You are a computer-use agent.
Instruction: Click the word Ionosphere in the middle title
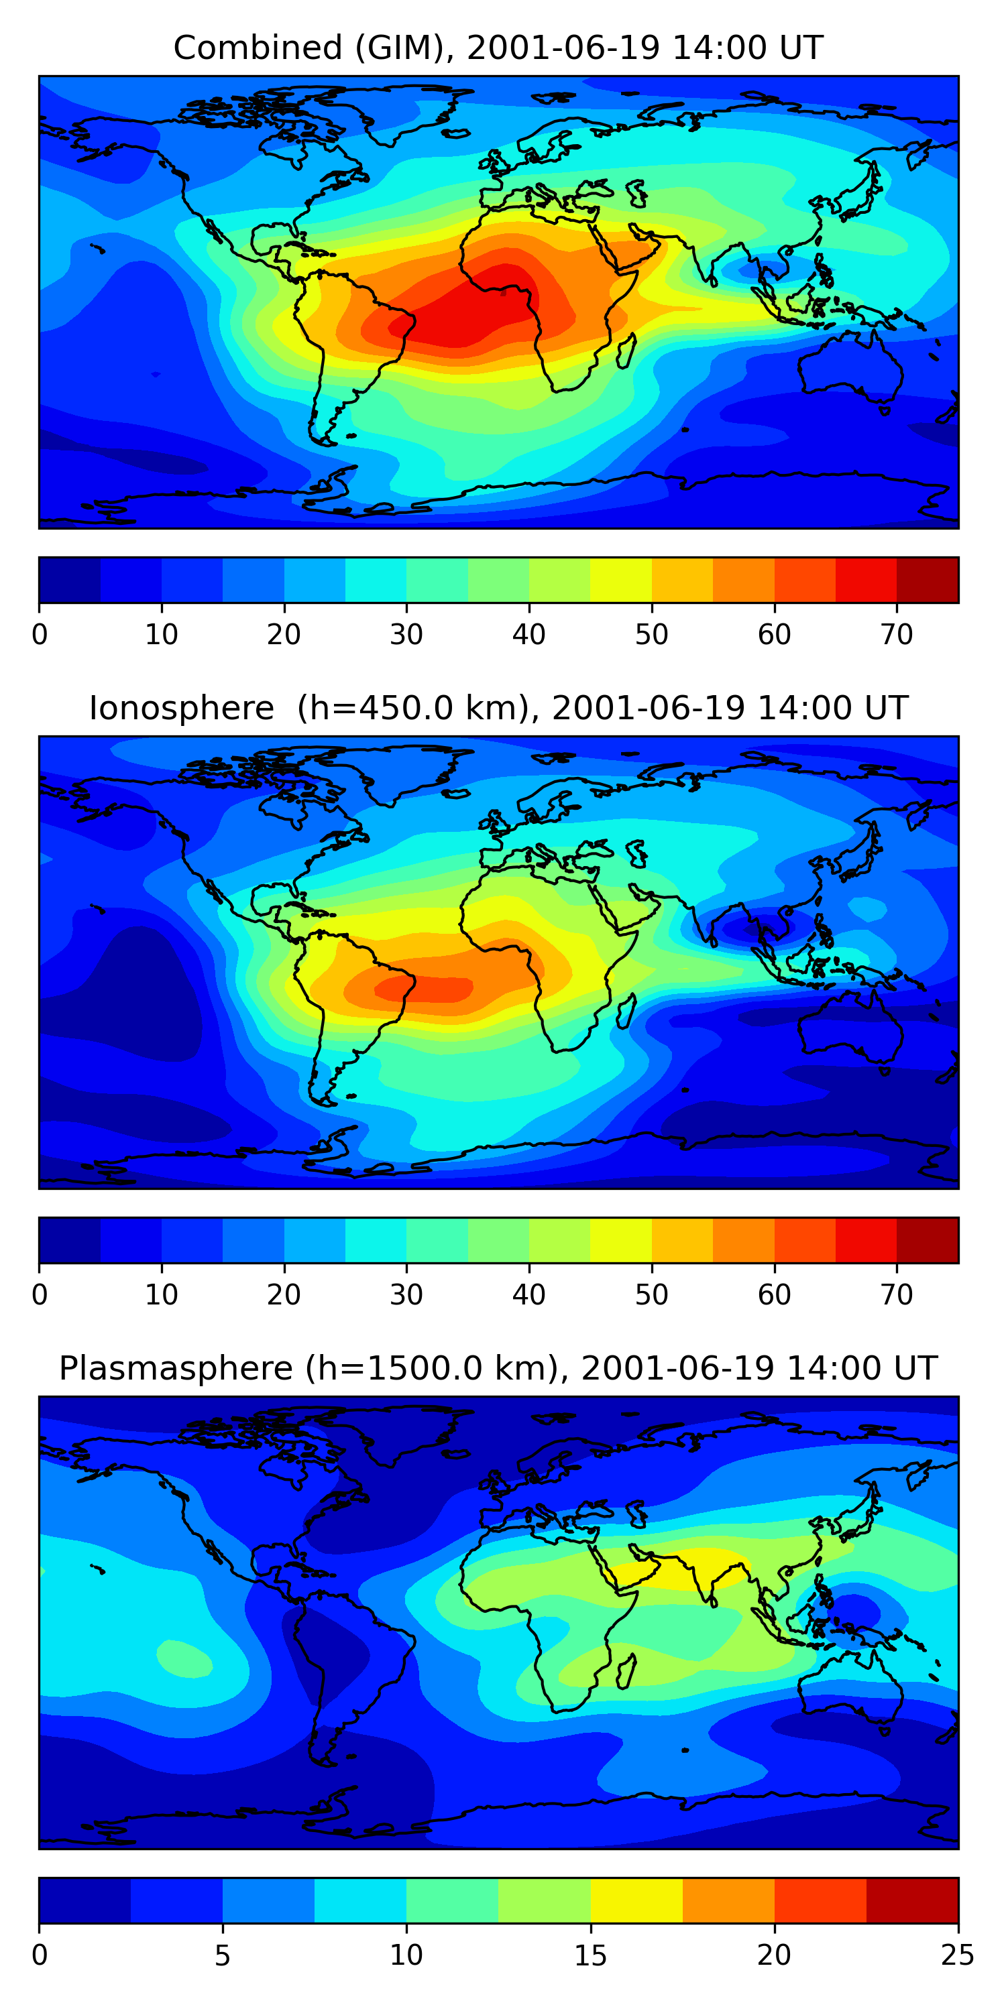[x=181, y=709]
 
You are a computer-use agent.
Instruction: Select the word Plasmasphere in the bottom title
[x=175, y=1369]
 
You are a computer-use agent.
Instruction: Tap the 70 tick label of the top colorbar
[x=896, y=635]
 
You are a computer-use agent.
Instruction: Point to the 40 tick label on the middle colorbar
[x=528, y=1295]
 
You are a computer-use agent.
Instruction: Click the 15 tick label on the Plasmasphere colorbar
[x=590, y=1955]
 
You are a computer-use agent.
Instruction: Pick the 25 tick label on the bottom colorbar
[x=957, y=1955]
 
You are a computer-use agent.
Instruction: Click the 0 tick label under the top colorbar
[x=40, y=635]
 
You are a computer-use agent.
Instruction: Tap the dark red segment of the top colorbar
[x=927, y=580]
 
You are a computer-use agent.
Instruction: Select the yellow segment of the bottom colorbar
[x=636, y=1900]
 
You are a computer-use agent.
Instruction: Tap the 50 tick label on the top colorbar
[x=651, y=635]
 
